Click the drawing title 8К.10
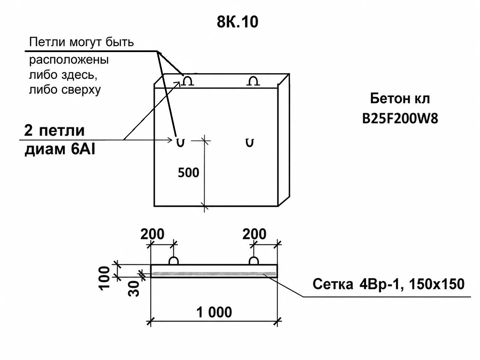(237, 22)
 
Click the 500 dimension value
(189, 173)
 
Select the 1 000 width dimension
(214, 312)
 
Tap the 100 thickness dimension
(104, 278)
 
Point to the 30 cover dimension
(133, 288)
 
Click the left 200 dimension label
(152, 234)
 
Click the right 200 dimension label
(254, 234)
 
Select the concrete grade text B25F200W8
(400, 119)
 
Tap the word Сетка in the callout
(333, 284)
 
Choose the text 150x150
(437, 284)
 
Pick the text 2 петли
(54, 130)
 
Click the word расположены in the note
(69, 60)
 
